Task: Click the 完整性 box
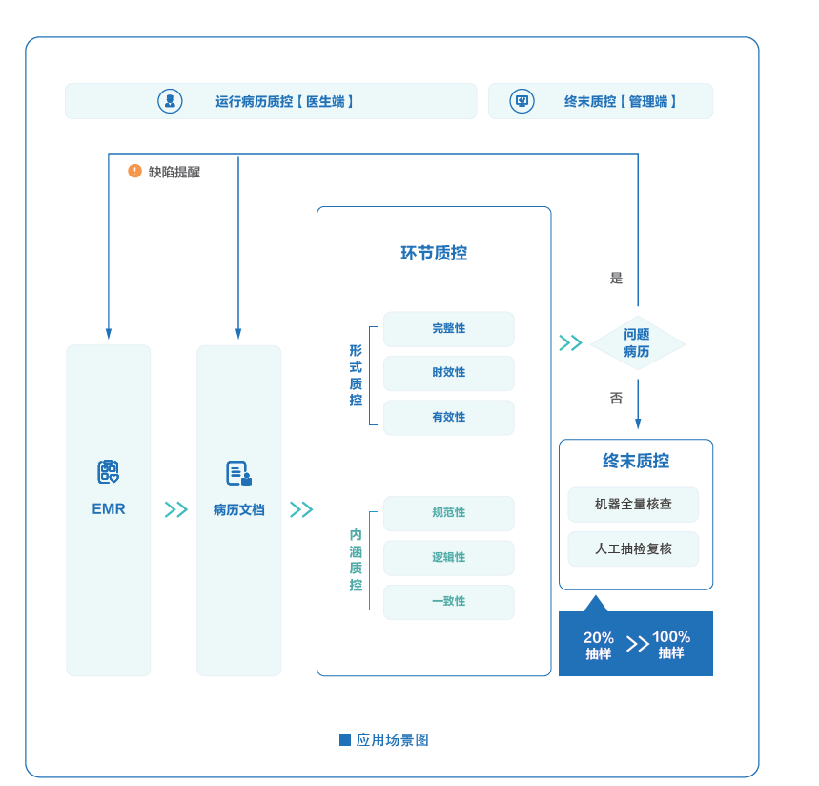(x=448, y=329)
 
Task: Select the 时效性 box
(x=448, y=373)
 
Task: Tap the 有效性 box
(x=448, y=418)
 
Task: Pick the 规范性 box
(x=448, y=513)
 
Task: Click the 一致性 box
(x=448, y=602)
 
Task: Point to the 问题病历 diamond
(x=637, y=343)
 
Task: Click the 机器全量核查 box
(x=633, y=505)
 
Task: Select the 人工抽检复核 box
(x=633, y=549)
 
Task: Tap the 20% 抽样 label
(x=599, y=645)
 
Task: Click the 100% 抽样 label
(x=671, y=645)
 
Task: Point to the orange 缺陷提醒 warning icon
(x=134, y=171)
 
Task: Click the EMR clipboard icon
(x=108, y=472)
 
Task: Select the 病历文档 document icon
(x=238, y=473)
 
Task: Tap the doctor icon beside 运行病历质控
(x=170, y=101)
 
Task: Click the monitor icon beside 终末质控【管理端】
(x=522, y=101)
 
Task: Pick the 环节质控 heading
(x=434, y=254)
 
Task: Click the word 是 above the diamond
(x=616, y=279)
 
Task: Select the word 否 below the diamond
(x=616, y=398)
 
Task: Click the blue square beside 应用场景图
(x=345, y=740)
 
